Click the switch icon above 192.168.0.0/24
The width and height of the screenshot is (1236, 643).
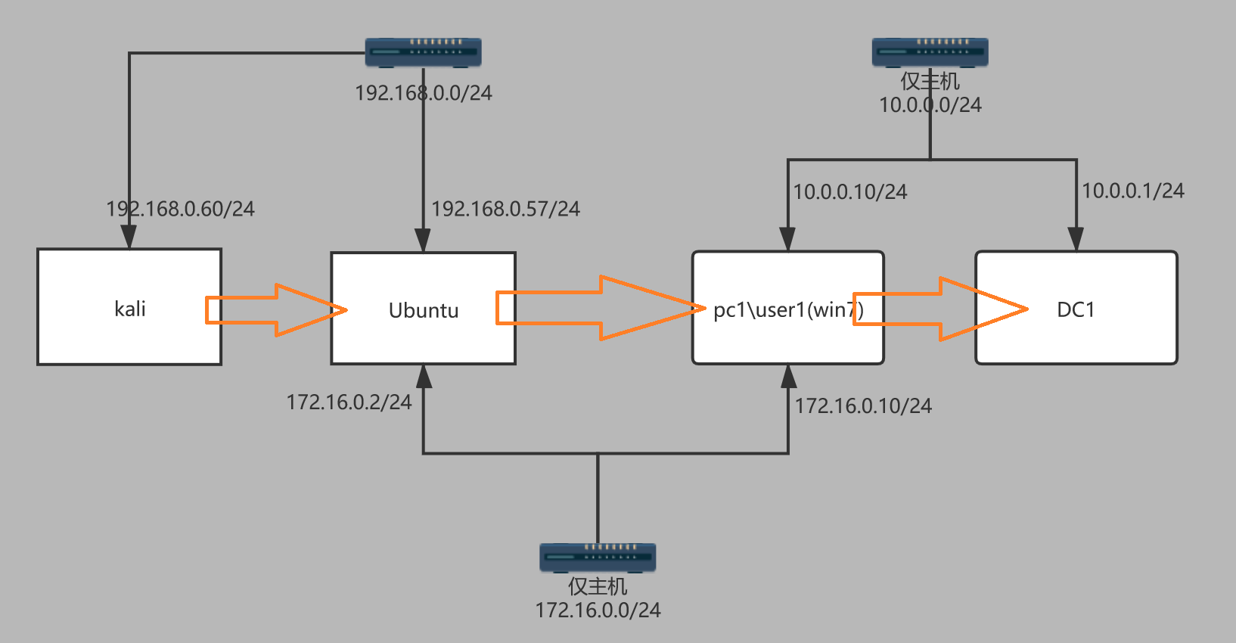[423, 52]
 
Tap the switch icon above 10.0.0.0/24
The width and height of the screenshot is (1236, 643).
[930, 52]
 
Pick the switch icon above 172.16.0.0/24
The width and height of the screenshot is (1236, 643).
[598, 558]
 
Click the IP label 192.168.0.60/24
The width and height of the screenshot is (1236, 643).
[180, 209]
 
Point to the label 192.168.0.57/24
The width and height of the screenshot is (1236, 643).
[505, 209]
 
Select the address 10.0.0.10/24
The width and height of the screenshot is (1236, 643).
[849, 192]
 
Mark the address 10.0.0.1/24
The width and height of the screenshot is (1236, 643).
[1132, 191]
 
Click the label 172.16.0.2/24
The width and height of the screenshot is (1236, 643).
[349, 402]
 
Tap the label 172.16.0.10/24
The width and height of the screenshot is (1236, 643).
[863, 406]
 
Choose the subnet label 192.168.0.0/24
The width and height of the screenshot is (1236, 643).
[423, 93]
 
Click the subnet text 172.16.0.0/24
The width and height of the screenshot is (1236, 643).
[598, 610]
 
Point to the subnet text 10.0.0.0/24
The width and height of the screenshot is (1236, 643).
[930, 105]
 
